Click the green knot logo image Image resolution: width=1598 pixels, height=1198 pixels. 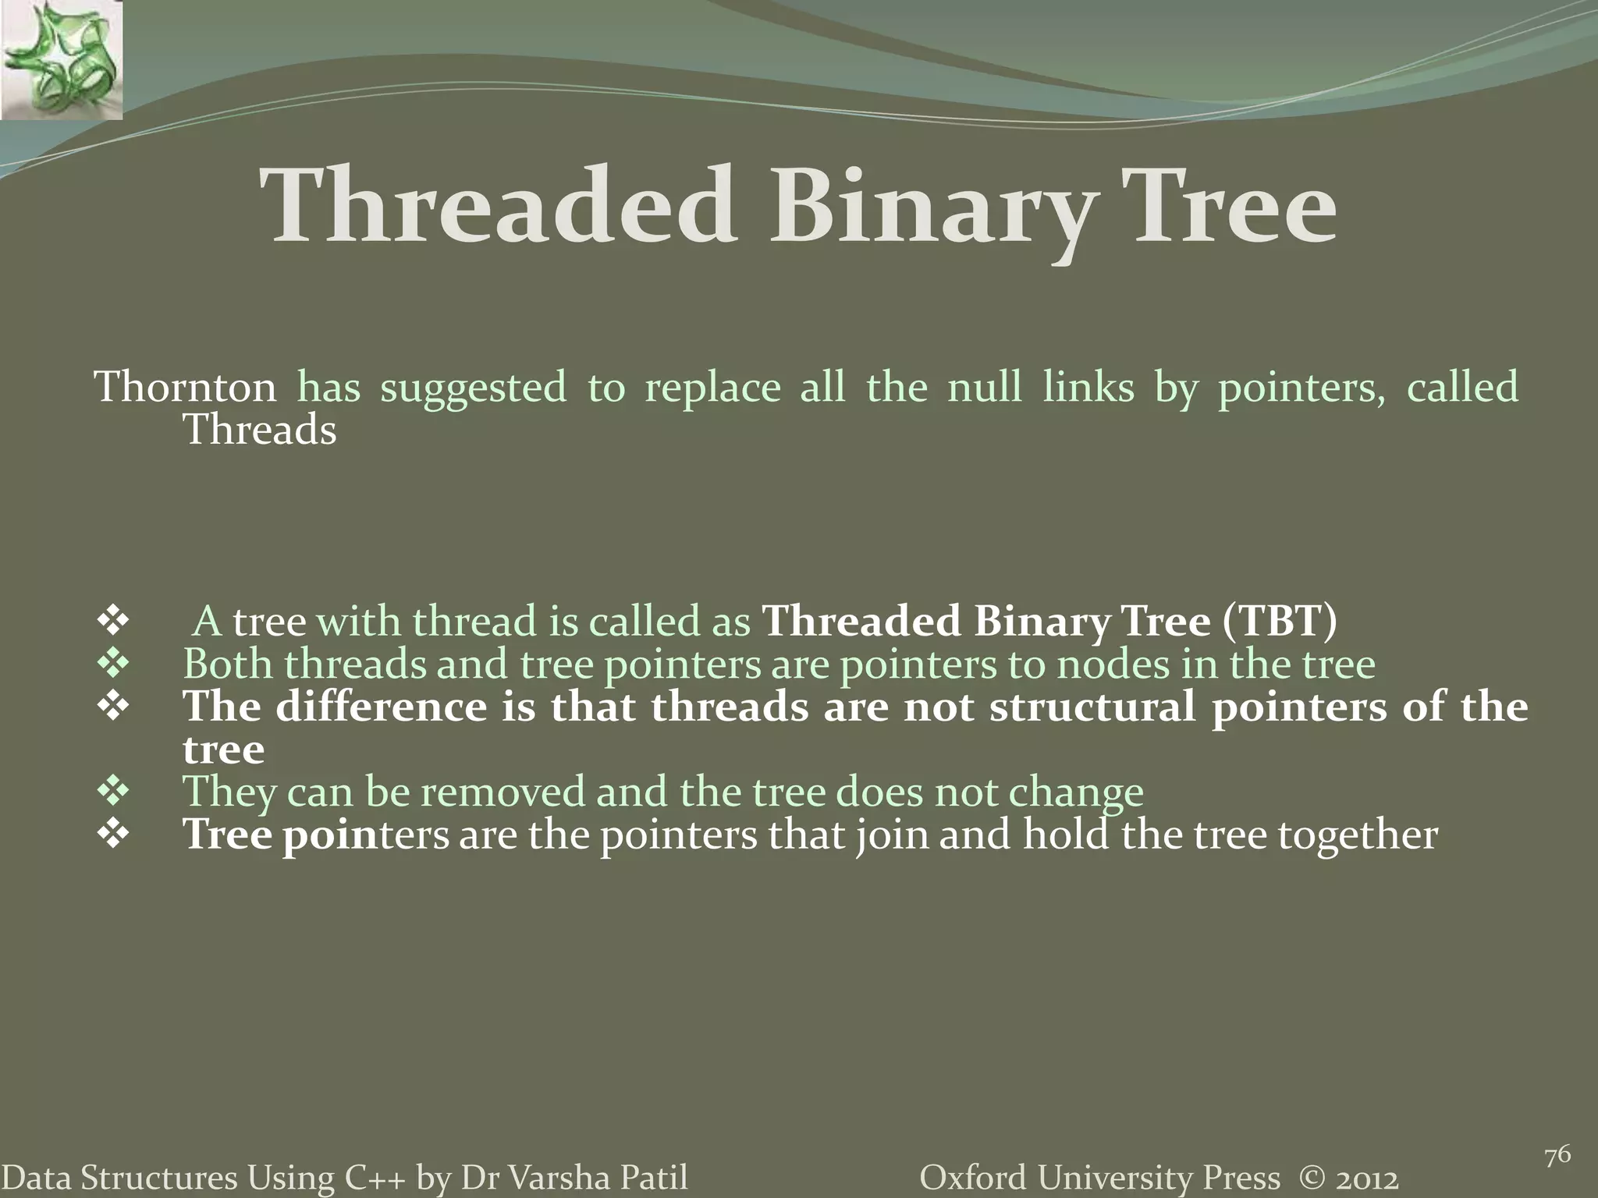point(61,60)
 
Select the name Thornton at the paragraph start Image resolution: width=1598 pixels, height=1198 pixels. point(185,387)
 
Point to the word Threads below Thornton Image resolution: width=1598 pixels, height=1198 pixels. point(260,430)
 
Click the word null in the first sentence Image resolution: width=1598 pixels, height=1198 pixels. point(984,387)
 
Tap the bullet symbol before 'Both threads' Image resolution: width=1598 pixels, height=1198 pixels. point(114,665)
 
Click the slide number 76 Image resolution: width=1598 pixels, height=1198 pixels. point(1557,1155)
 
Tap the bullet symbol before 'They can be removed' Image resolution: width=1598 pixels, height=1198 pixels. point(114,792)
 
